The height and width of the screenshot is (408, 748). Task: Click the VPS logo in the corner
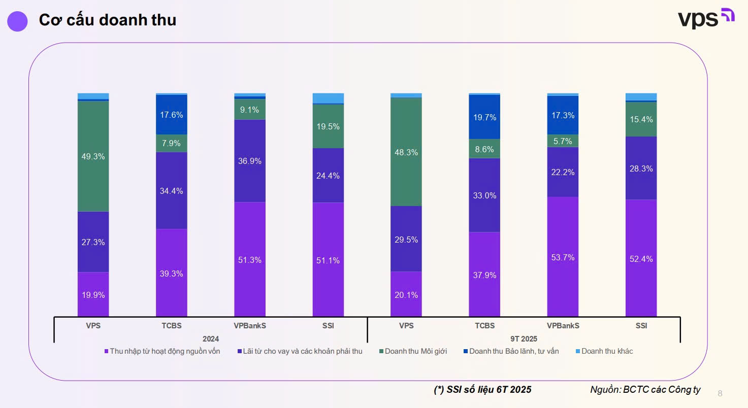(x=706, y=19)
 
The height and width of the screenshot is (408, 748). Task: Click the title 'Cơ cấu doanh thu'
(x=107, y=20)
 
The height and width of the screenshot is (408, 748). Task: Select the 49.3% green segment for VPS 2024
(x=93, y=156)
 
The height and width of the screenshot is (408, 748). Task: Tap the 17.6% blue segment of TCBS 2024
(x=171, y=115)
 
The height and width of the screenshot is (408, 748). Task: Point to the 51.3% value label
(x=249, y=260)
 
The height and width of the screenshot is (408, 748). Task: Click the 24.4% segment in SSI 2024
(x=328, y=176)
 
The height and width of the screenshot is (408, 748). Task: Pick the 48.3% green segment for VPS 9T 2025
(x=406, y=152)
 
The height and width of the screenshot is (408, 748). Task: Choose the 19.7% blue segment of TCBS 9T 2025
(x=484, y=117)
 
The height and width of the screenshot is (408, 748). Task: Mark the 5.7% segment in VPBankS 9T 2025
(x=563, y=141)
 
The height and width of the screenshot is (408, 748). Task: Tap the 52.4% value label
(x=641, y=259)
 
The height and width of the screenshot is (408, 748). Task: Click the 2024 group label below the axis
(x=210, y=338)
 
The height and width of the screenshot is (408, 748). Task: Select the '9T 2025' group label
(x=523, y=338)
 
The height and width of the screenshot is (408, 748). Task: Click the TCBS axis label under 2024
(x=171, y=326)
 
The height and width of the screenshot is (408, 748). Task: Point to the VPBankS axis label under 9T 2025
(x=563, y=326)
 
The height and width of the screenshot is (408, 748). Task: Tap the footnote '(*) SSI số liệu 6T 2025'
(x=482, y=390)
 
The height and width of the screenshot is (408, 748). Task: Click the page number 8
(x=720, y=393)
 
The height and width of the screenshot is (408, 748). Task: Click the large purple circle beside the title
(x=18, y=21)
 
